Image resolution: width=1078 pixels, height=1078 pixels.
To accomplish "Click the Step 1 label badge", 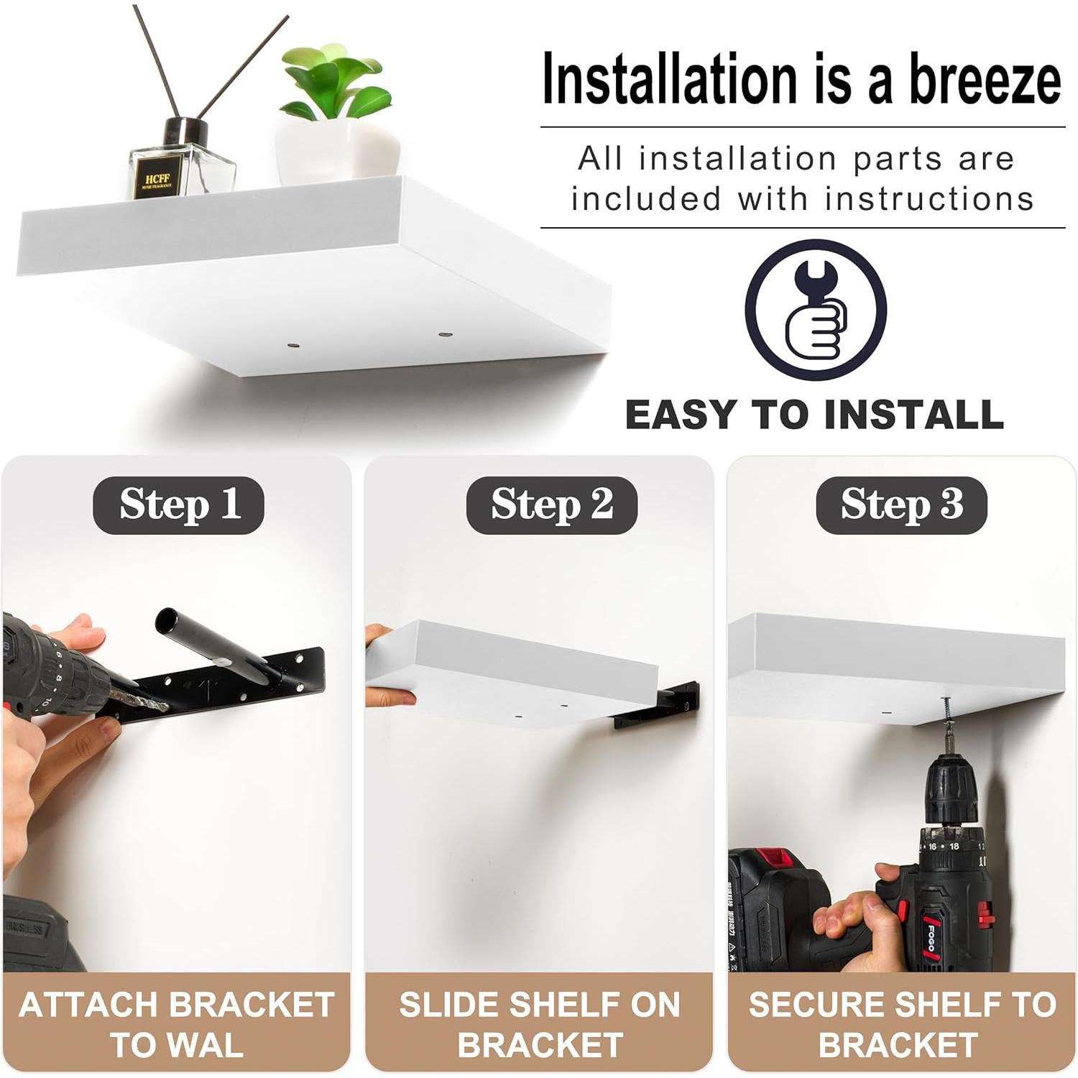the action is (178, 505).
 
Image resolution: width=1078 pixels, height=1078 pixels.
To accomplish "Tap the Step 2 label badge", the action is (551, 505).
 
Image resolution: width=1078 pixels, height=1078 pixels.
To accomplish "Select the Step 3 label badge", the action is (901, 505).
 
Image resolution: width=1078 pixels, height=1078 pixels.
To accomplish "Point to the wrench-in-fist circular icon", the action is (815, 310).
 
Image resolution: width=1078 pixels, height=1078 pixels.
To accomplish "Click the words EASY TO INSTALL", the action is (814, 415).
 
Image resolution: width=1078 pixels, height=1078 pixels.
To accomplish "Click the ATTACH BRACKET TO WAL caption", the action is (177, 1024).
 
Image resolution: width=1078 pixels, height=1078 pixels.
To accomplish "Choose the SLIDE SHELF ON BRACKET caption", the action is (540, 1024).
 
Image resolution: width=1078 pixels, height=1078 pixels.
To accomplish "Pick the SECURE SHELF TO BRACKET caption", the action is (902, 1024).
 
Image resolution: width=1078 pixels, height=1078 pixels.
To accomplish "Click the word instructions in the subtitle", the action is (929, 199).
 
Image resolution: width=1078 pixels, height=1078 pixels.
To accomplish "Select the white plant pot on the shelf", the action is (337, 149).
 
